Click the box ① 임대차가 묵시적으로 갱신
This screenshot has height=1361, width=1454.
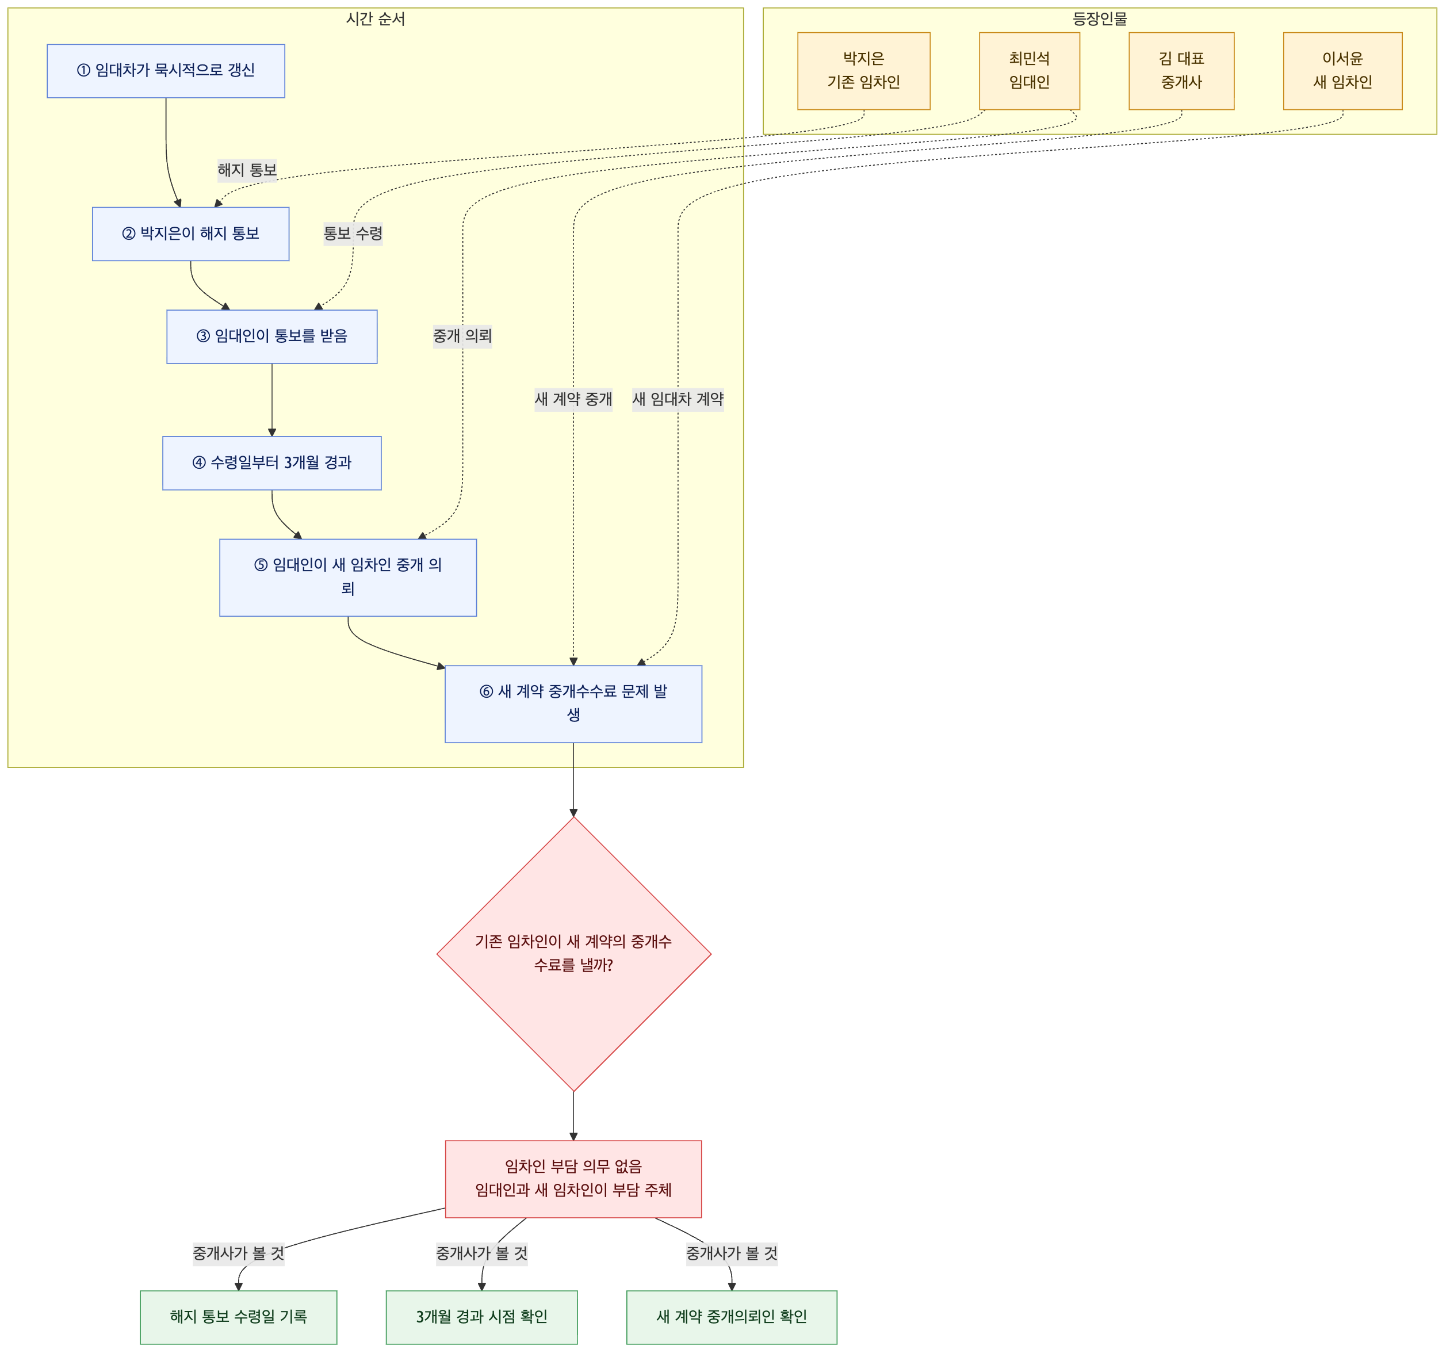click(166, 71)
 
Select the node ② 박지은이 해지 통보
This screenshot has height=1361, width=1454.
click(191, 234)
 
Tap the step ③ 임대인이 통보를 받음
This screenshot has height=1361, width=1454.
click(272, 337)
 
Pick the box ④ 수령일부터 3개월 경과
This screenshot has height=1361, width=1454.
click(272, 464)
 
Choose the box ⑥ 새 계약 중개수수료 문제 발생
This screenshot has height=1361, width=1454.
click(574, 704)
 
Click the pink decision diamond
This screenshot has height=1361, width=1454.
click(574, 954)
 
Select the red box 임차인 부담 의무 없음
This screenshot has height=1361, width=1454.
click(574, 1180)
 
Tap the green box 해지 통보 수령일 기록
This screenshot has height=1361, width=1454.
click(239, 1318)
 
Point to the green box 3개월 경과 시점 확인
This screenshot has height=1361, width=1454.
click(482, 1318)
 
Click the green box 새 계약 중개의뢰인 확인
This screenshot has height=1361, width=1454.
click(732, 1318)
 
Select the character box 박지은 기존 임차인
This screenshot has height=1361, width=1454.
click(864, 71)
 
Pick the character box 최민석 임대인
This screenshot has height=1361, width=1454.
click(1030, 71)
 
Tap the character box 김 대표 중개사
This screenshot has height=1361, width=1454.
click(1182, 71)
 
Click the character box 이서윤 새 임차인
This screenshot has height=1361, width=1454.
click(1344, 71)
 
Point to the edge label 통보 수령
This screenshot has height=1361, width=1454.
click(353, 234)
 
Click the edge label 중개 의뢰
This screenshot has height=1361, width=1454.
click(463, 337)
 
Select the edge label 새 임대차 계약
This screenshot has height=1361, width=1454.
click(678, 399)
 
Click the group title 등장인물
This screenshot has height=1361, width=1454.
click(1100, 19)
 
